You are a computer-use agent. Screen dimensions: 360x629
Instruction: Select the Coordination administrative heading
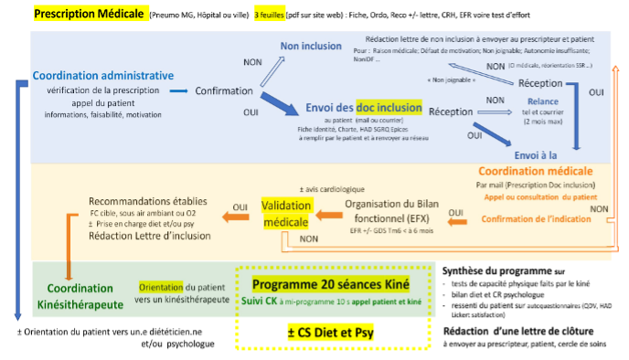(102, 75)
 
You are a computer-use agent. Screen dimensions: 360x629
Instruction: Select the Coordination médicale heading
(536, 171)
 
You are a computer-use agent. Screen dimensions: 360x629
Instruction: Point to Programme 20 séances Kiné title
(331, 283)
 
